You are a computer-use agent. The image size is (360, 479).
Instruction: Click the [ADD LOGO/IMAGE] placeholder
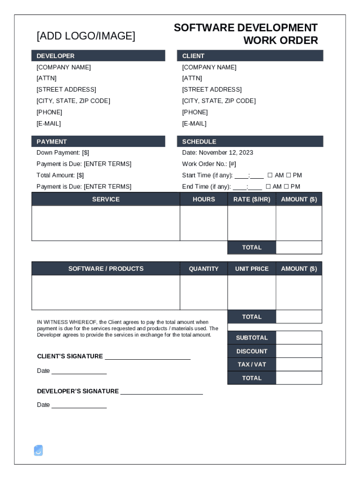coord(86,36)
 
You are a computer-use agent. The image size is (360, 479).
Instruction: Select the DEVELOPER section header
coord(56,56)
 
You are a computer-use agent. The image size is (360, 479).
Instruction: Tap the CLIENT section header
coord(193,56)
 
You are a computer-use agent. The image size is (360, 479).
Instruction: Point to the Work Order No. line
coord(209,164)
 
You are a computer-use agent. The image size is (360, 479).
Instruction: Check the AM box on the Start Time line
coord(270,175)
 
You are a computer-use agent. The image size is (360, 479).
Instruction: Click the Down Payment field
coord(63,152)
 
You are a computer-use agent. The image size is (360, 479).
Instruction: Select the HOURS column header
coord(204,199)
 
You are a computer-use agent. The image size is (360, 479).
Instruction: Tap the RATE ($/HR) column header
coord(252,199)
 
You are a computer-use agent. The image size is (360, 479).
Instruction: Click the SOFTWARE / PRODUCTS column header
coord(106,269)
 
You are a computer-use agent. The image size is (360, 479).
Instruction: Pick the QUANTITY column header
coord(204,269)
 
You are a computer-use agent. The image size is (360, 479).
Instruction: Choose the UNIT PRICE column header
coord(252,269)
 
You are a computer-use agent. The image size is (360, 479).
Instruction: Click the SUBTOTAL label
coord(252,338)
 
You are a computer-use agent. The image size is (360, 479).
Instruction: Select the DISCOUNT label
coord(252,351)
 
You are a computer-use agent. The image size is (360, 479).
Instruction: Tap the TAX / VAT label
coord(252,364)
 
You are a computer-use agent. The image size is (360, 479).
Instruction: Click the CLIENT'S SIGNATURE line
coord(147,356)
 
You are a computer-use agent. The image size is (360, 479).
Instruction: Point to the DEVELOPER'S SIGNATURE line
coord(161,392)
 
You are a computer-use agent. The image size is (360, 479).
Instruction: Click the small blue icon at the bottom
coord(38,450)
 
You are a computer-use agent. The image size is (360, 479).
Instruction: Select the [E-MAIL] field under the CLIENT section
coord(194,123)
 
